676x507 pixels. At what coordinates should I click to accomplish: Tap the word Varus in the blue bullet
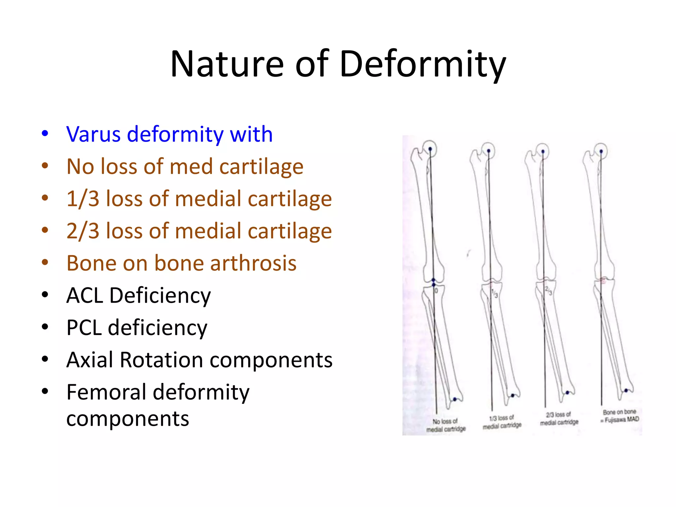click(93, 134)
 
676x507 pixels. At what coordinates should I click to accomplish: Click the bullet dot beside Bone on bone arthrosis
click(45, 263)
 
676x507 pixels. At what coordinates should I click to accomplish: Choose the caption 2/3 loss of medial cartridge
click(559, 419)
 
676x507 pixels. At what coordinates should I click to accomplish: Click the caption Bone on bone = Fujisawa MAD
click(620, 416)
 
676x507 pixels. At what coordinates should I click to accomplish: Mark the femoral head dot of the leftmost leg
click(430, 149)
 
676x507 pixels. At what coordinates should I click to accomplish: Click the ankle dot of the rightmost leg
click(626, 390)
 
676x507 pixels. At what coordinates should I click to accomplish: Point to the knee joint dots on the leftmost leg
click(434, 282)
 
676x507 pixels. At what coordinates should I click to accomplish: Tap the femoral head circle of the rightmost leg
click(601, 151)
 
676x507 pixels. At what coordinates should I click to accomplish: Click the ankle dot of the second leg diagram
click(513, 395)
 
